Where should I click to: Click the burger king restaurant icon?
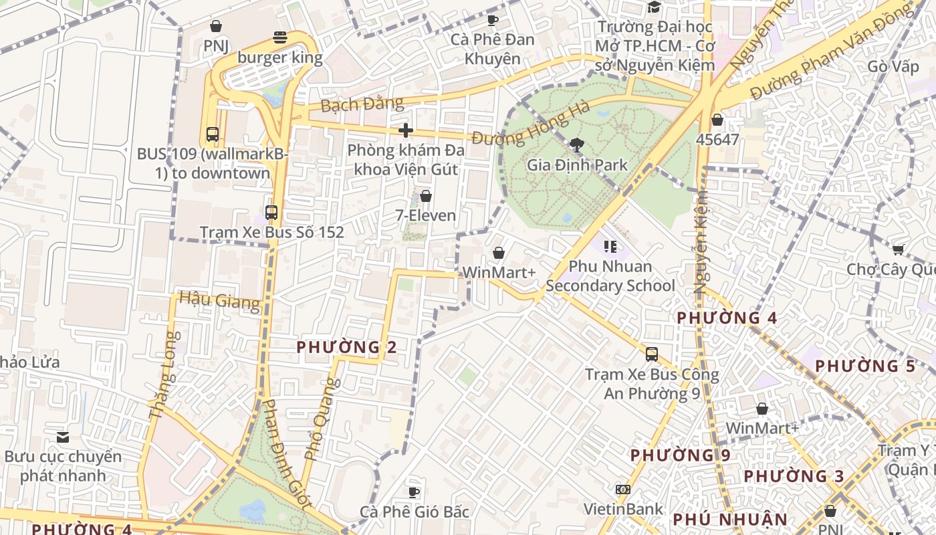(x=280, y=37)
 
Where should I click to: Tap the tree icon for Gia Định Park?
(x=577, y=144)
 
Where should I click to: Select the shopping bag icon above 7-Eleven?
(x=425, y=196)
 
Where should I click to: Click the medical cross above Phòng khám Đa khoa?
(x=406, y=130)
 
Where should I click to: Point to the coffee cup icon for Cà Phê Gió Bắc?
(x=414, y=493)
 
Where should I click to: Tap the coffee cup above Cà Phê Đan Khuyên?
(x=493, y=20)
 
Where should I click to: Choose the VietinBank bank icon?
(x=623, y=490)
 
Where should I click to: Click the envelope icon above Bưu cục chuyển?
(x=63, y=437)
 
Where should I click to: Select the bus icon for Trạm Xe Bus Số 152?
(x=271, y=213)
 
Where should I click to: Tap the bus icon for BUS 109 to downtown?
(x=213, y=134)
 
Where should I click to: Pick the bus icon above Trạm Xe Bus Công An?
(x=652, y=354)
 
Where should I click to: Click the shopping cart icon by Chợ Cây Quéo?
(x=898, y=250)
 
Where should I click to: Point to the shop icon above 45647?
(x=717, y=120)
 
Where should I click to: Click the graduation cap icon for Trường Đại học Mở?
(x=654, y=7)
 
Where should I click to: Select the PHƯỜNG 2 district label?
(x=346, y=347)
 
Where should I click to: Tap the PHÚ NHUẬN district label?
(x=730, y=520)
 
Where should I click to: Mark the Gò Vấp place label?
(x=893, y=67)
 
